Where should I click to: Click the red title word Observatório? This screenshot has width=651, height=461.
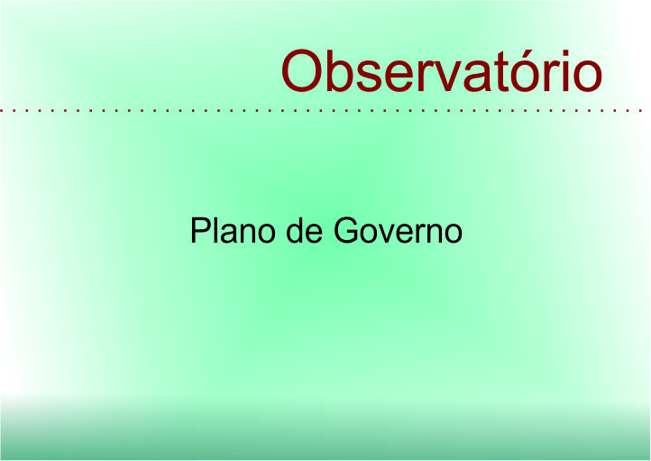441,70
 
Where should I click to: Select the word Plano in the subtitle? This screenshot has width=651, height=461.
233,230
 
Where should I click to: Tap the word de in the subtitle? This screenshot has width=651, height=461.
305,230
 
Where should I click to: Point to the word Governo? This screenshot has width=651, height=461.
398,230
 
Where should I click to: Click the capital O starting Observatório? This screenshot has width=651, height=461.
302,71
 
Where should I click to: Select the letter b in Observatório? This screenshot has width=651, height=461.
343,71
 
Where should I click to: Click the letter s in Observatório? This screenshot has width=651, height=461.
373,76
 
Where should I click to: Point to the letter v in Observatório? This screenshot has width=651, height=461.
449,76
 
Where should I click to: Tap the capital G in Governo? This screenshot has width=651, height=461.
346,230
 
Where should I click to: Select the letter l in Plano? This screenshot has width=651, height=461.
219,230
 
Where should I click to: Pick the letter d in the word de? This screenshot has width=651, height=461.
295,231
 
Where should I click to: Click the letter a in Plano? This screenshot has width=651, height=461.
234,235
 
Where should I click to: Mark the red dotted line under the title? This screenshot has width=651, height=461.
321,111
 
